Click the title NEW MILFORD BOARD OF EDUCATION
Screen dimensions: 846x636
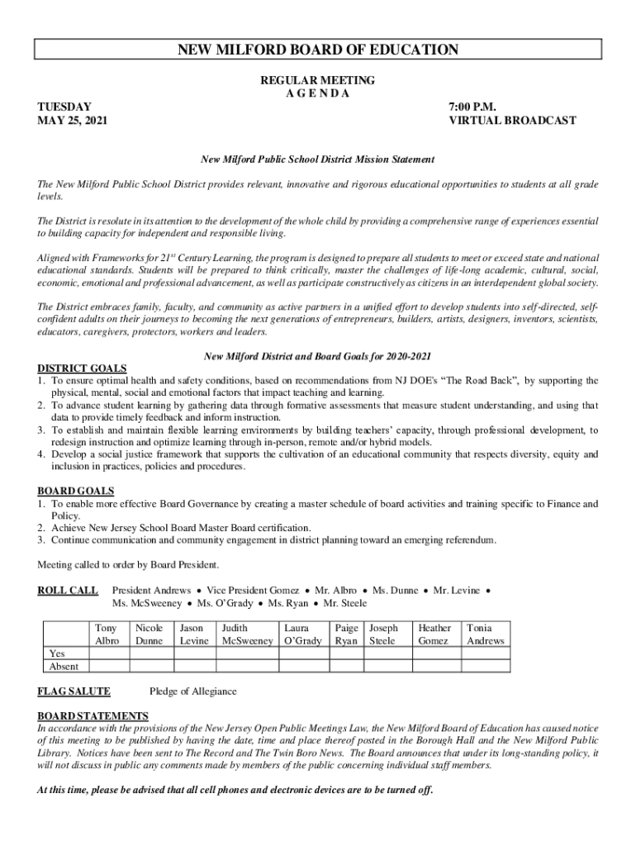tap(318, 50)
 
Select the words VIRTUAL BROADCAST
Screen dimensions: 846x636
tap(512, 121)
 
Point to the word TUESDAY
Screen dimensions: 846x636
tap(64, 107)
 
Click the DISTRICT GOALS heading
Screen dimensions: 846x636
tap(83, 368)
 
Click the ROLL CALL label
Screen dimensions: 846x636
tap(69, 591)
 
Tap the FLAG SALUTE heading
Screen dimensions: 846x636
tap(74, 691)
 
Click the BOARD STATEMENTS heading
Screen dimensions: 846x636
tap(93, 715)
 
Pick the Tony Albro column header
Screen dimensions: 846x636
tap(107, 634)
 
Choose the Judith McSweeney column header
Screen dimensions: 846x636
tap(247, 634)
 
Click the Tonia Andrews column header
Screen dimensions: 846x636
tap(485, 634)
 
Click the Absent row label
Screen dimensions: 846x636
tap(64, 666)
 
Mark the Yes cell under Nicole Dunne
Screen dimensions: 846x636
tap(150, 653)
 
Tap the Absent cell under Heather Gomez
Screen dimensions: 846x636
tap(434, 666)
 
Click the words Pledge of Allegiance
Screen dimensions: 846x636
tap(192, 692)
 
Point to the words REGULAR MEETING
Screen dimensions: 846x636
tap(318, 80)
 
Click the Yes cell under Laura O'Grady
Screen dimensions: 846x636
tap(303, 653)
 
